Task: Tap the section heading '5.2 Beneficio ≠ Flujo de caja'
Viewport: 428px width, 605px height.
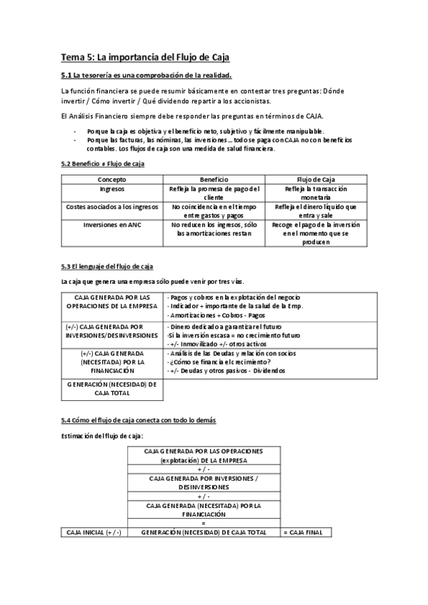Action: click(x=103, y=165)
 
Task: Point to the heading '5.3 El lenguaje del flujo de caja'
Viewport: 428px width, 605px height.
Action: click(x=106, y=268)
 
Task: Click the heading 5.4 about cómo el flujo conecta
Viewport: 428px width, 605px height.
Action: click(x=139, y=421)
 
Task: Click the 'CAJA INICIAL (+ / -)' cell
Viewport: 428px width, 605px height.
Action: click(x=94, y=532)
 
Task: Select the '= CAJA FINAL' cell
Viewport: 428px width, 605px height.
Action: click(x=307, y=532)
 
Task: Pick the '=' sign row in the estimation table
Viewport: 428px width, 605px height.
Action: click(x=204, y=522)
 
